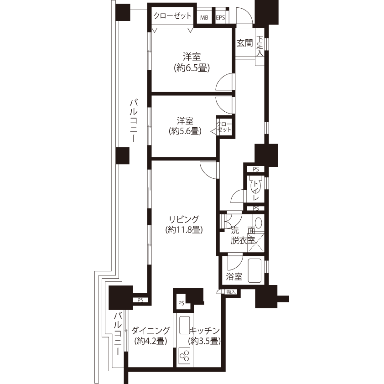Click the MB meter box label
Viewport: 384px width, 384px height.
point(204,18)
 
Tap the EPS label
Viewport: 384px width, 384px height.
point(220,18)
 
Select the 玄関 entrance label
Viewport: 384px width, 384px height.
point(244,43)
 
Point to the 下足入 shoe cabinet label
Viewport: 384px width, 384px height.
point(259,46)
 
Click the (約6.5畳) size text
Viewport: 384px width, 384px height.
point(192,68)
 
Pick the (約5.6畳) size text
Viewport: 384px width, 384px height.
point(185,131)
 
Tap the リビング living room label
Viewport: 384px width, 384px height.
point(184,219)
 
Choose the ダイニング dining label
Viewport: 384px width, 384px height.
point(150,331)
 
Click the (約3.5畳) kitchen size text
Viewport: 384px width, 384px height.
point(204,341)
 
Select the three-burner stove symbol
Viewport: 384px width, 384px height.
point(184,356)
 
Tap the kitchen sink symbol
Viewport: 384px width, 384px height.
point(184,325)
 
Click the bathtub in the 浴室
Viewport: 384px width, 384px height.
point(255,270)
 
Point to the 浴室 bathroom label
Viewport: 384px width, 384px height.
point(234,276)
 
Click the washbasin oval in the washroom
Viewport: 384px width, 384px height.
point(259,223)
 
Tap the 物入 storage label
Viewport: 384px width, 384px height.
point(231,292)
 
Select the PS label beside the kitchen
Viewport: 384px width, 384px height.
point(181,303)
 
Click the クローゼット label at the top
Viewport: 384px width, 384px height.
point(172,16)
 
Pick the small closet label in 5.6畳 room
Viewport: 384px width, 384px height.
point(224,127)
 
